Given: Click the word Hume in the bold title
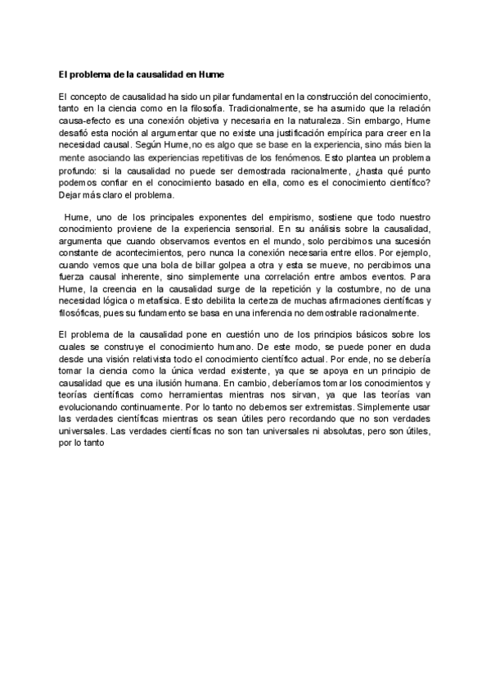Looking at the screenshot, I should (x=223, y=74).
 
